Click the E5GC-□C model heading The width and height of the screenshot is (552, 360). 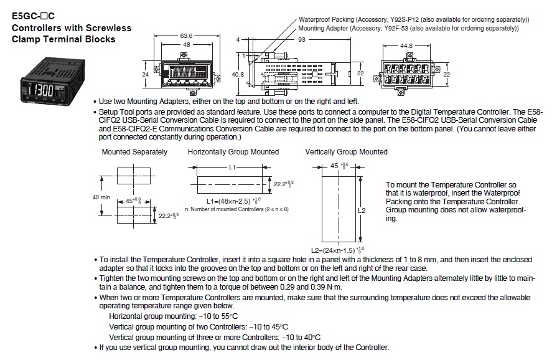click(x=34, y=17)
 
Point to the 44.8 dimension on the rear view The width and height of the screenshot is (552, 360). click(x=406, y=45)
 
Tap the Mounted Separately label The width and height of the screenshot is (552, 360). click(x=134, y=151)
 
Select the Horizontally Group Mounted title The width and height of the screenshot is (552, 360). click(x=233, y=151)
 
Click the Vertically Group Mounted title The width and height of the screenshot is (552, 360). click(x=346, y=151)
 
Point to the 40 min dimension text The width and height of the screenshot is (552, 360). click(x=101, y=197)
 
